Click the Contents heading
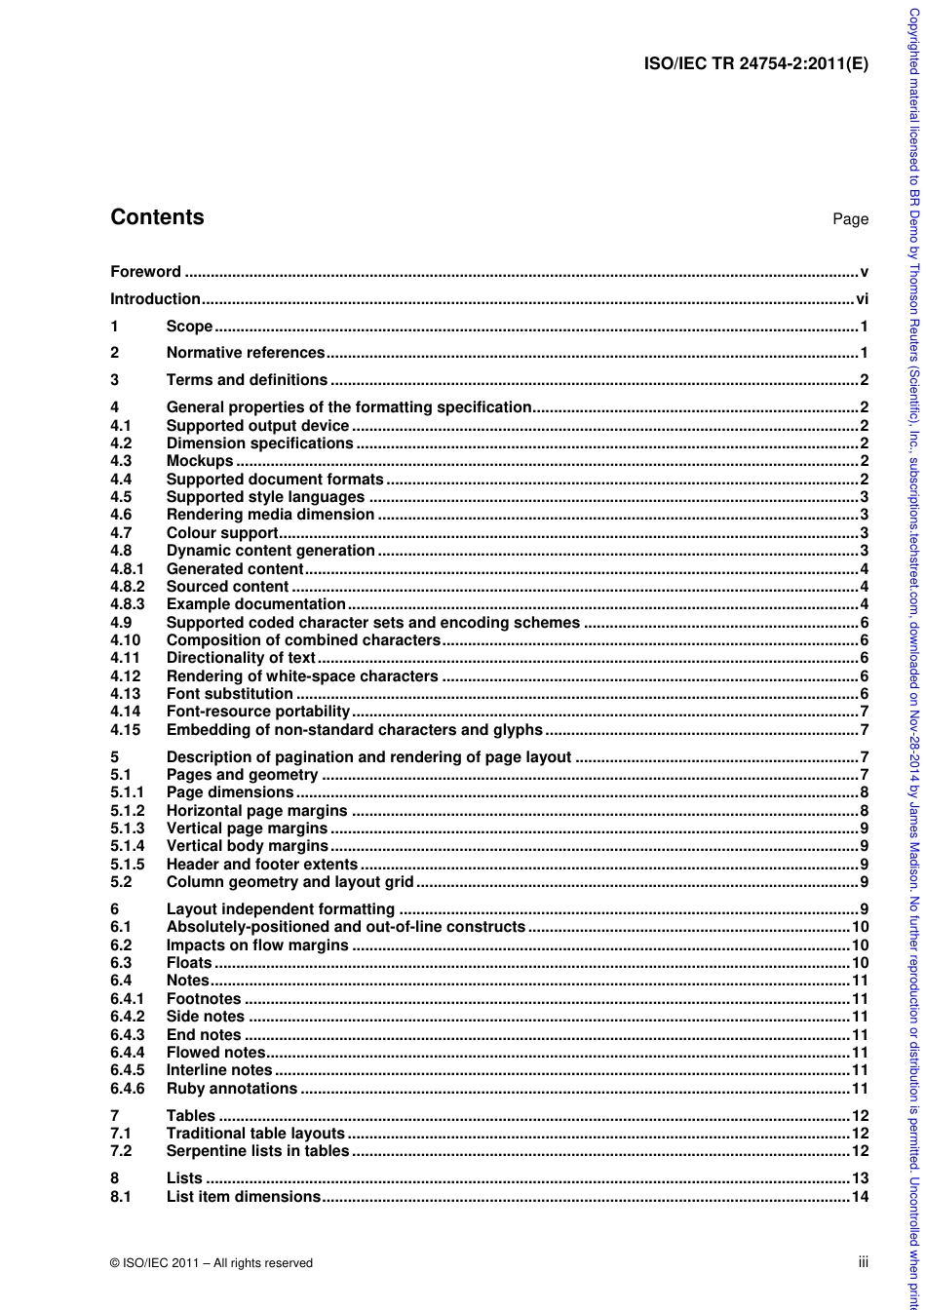click(x=157, y=217)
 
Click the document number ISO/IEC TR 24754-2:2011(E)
click(x=756, y=64)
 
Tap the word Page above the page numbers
click(x=850, y=219)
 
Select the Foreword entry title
click(x=145, y=272)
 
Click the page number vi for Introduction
click(x=862, y=299)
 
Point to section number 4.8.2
click(x=127, y=587)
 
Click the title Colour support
click(x=222, y=533)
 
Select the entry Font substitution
click(x=229, y=694)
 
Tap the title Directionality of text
click(x=241, y=658)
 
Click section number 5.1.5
click(x=127, y=865)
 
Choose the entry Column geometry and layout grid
click(x=289, y=882)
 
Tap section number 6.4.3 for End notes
click(x=127, y=1035)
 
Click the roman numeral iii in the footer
click(x=863, y=1262)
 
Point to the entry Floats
click(x=189, y=963)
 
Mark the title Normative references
click(x=245, y=353)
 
